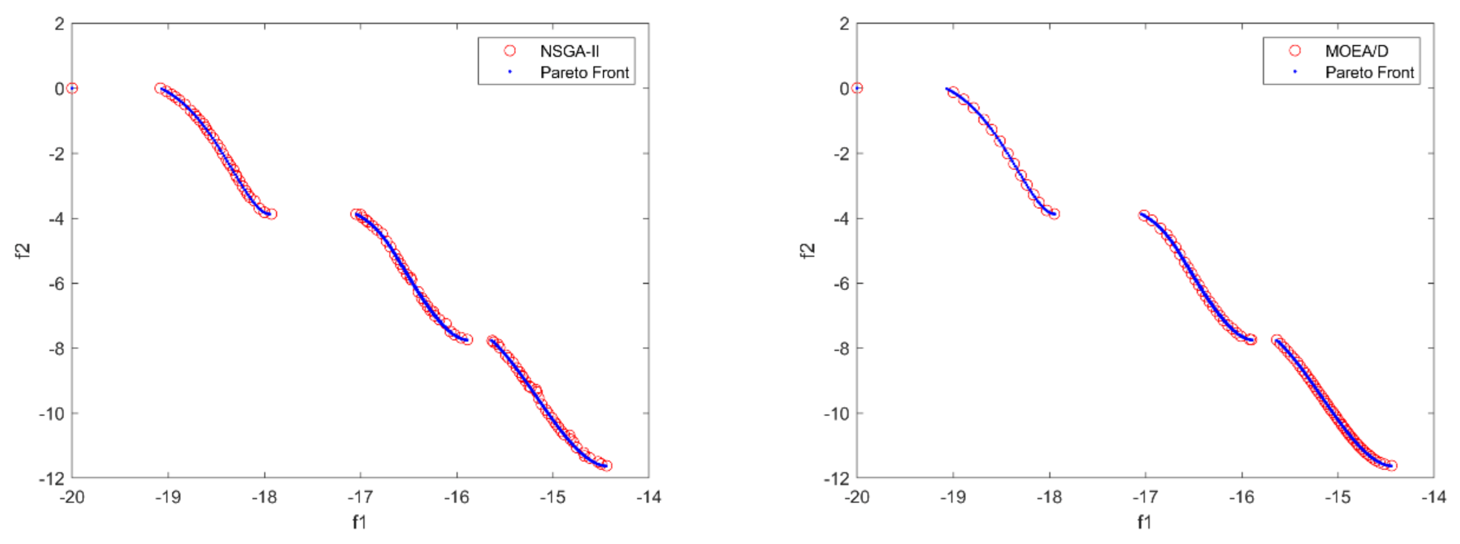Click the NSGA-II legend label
(569, 51)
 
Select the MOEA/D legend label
(1356, 51)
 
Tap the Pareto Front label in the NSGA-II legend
(585, 73)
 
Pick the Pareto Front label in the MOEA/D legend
(1369, 73)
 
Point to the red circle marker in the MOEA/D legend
(1295, 51)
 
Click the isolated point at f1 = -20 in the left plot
(72, 88)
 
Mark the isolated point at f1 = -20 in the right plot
(857, 88)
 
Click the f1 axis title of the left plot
(360, 522)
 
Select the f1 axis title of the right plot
(1144, 522)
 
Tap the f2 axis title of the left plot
(23, 251)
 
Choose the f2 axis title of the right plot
(808, 251)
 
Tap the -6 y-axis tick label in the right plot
(841, 284)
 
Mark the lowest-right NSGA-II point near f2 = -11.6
(606, 466)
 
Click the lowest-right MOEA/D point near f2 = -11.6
(1391, 466)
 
